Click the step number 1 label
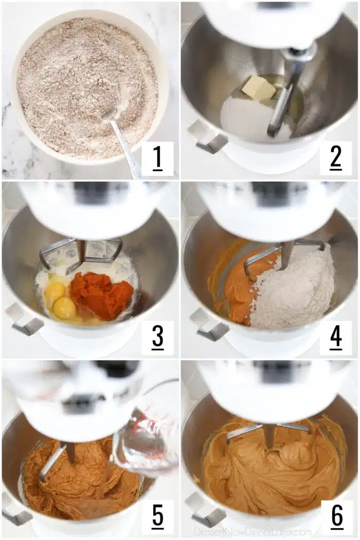(157, 158)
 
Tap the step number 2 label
(335, 158)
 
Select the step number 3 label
(157, 337)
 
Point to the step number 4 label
(336, 337)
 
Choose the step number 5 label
(157, 516)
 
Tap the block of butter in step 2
(259, 88)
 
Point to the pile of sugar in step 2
(255, 117)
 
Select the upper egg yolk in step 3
(55, 291)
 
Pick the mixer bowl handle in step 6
(203, 510)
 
